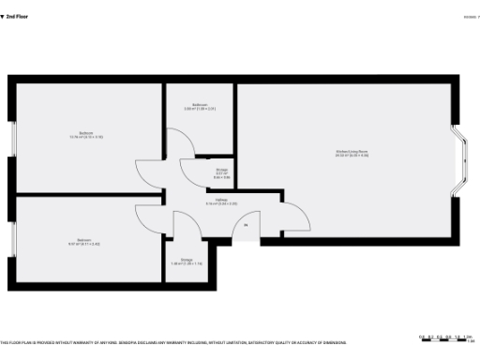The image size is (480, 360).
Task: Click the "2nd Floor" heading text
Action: (x=16, y=16)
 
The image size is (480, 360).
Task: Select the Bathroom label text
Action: (x=200, y=106)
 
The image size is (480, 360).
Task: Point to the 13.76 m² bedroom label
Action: (x=85, y=135)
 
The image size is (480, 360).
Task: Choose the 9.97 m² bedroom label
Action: (x=83, y=241)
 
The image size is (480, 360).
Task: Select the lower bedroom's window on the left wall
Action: (x=13, y=242)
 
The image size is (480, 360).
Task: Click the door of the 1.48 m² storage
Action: (x=184, y=225)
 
